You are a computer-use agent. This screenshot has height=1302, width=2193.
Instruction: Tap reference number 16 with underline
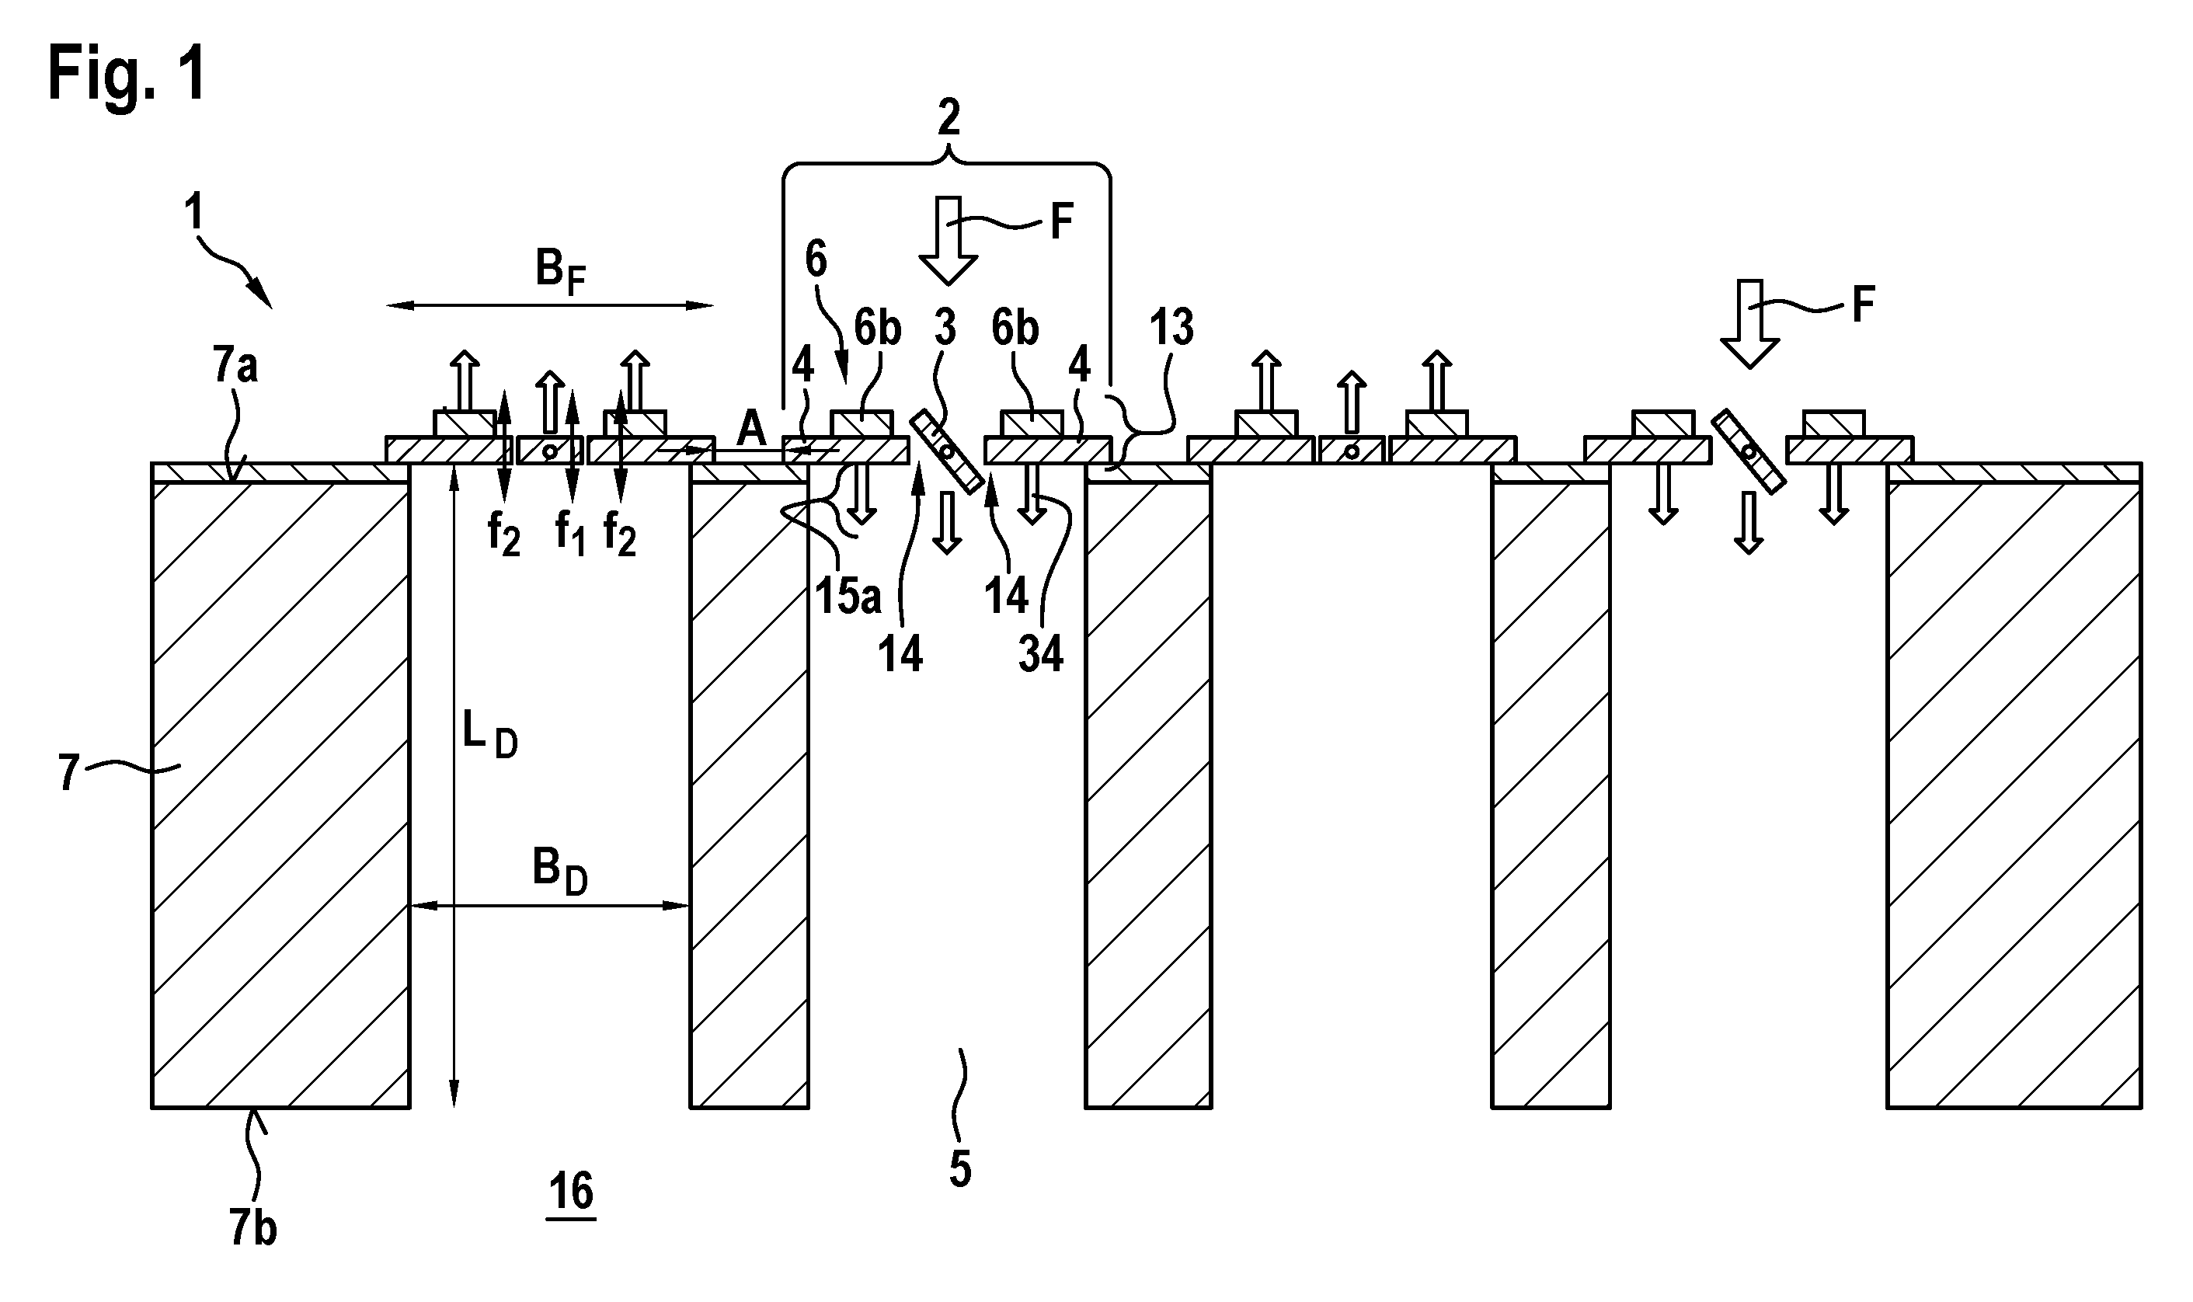pos(571,1192)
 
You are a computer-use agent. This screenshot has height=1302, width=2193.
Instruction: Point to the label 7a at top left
pos(235,365)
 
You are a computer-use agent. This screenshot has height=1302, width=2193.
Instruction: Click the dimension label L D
pos(489,737)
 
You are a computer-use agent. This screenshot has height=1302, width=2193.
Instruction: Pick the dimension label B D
pos(559,872)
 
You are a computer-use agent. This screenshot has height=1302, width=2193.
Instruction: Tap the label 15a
pos(848,595)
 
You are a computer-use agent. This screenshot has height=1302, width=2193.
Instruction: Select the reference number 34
pos(1041,653)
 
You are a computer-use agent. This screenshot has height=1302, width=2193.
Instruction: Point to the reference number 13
pos(1171,327)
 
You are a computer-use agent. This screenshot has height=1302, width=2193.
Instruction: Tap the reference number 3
pos(945,327)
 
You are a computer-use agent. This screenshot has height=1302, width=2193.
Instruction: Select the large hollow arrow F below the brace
pos(948,240)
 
